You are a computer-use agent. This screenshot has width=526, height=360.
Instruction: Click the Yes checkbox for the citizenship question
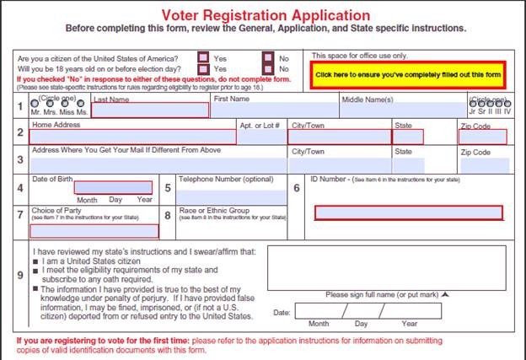click(203, 57)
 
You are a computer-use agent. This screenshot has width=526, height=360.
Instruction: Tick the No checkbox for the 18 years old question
click(267, 68)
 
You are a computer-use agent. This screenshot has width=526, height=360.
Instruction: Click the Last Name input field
click(149, 110)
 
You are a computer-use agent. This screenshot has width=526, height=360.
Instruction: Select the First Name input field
click(274, 110)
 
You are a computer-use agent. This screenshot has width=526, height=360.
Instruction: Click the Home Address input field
click(132, 137)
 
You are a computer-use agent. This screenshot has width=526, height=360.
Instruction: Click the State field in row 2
click(408, 137)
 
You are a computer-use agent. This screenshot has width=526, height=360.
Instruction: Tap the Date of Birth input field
click(113, 188)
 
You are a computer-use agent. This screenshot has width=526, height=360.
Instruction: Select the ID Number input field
click(408, 213)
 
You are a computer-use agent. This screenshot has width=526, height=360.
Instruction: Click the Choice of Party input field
click(94, 230)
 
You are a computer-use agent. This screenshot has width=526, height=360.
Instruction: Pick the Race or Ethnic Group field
click(230, 228)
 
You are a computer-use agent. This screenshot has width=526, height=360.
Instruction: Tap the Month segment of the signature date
click(318, 310)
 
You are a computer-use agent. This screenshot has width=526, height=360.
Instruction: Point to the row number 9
click(20, 274)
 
